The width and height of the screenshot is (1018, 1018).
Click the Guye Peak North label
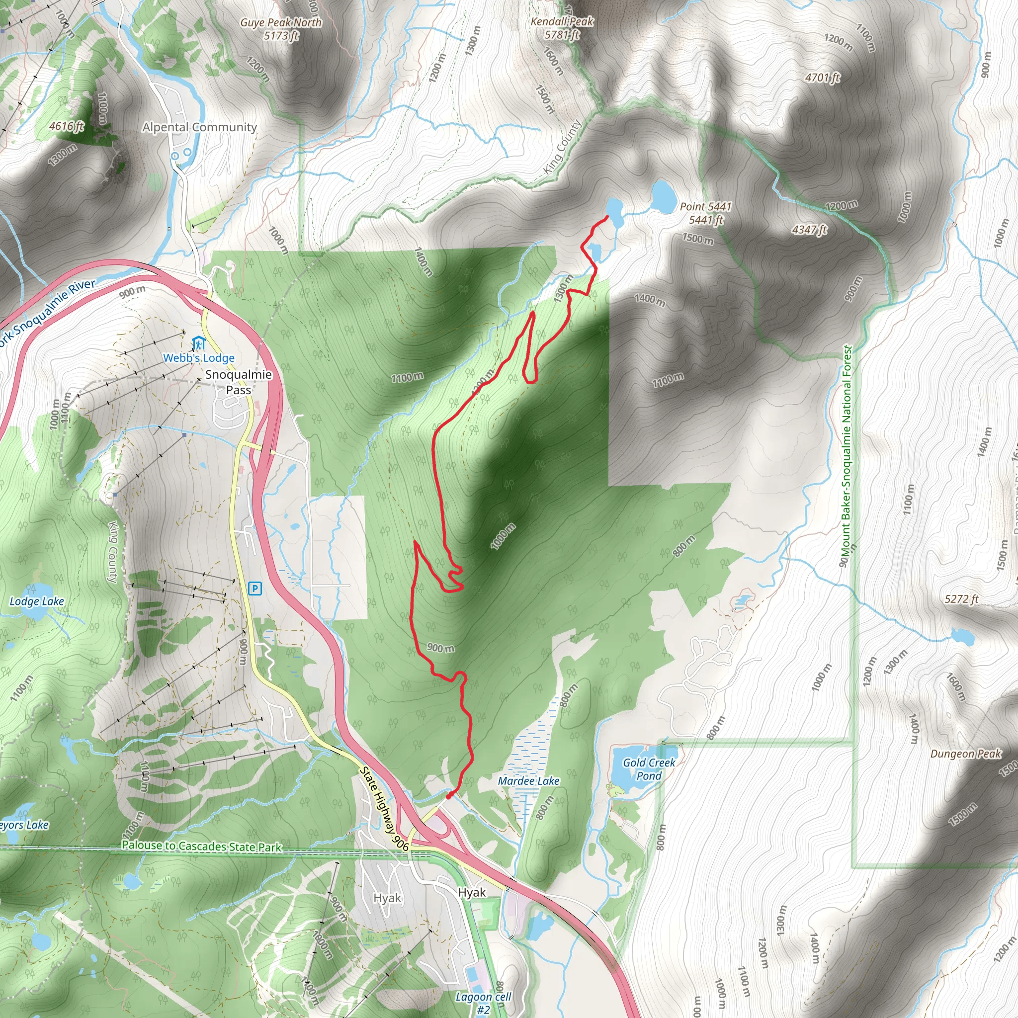(280, 29)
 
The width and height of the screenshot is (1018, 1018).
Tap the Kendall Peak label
(562, 28)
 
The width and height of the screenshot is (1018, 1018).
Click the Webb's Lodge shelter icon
(198, 343)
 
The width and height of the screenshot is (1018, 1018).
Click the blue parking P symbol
(255, 588)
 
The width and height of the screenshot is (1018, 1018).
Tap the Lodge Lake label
(37, 601)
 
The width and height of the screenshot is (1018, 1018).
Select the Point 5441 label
(705, 213)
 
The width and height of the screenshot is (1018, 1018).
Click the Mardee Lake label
(528, 781)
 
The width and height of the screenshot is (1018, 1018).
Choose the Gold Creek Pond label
(649, 769)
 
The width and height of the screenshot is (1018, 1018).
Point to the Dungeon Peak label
(965, 754)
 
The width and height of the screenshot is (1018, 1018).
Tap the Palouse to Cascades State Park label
(202, 846)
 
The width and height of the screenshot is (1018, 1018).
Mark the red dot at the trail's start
(448, 796)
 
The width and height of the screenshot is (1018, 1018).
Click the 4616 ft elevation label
(67, 126)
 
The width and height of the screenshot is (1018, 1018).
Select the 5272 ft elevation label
(961, 599)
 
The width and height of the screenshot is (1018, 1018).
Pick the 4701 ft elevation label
(822, 78)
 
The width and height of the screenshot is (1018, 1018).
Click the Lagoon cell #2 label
(483, 1003)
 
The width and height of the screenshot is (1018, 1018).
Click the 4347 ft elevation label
(809, 230)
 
